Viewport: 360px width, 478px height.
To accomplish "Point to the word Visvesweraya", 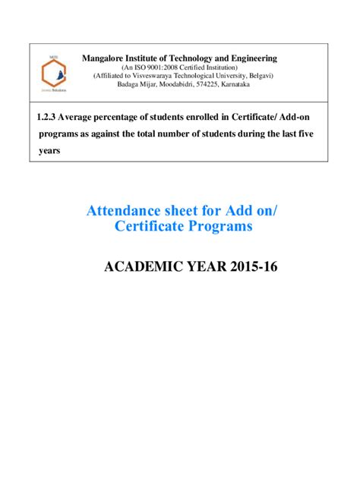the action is [156, 76].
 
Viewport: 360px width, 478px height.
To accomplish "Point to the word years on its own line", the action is [49, 150].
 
